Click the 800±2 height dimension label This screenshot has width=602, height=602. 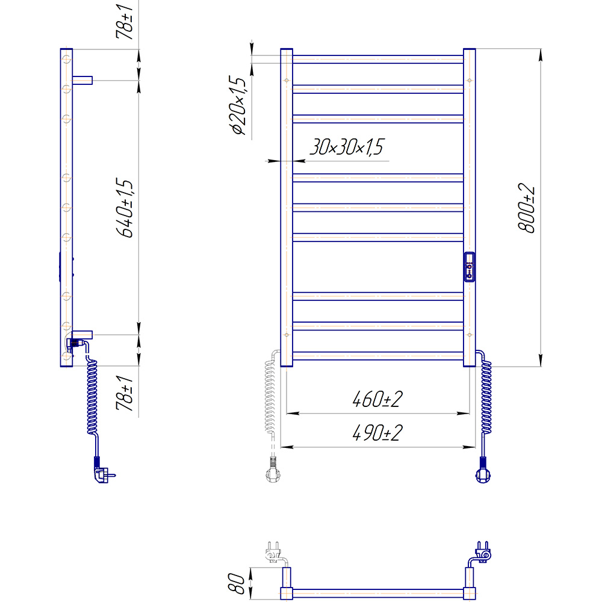(x=526, y=208)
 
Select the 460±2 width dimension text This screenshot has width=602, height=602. (x=377, y=399)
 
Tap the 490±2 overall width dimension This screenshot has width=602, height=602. (x=377, y=433)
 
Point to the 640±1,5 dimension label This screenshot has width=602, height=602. (x=125, y=208)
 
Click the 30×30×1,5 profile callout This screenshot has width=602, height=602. (x=347, y=147)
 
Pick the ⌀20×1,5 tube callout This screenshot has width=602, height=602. (x=238, y=105)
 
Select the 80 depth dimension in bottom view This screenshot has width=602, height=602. (x=236, y=583)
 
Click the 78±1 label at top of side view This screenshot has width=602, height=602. (x=125, y=22)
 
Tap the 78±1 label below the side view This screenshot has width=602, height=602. (x=125, y=393)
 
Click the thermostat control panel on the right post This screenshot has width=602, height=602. (x=469, y=267)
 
